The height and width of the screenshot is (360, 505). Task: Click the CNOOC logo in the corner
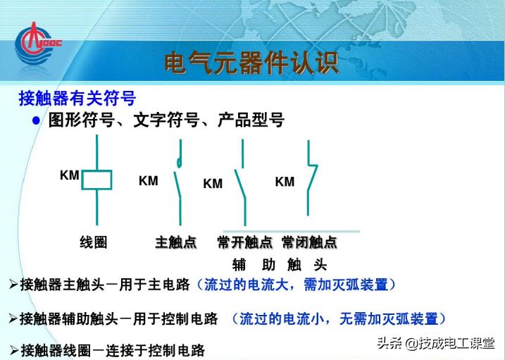point(39,43)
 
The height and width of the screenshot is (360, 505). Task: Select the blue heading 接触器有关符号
point(77,98)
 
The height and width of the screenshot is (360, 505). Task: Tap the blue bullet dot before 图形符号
point(37,120)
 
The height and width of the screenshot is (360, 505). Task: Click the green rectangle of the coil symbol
point(96,180)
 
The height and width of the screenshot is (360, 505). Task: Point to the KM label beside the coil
point(69,175)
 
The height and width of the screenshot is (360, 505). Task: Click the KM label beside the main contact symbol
point(148,181)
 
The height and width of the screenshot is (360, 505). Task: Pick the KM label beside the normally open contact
point(212,184)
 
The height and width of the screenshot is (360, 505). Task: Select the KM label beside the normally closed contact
point(285,182)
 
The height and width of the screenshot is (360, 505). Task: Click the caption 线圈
point(93,243)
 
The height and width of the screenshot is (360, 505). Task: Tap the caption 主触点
point(175,243)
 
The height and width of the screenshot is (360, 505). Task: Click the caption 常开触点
point(244,243)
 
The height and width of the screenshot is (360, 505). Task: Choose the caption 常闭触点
point(309,243)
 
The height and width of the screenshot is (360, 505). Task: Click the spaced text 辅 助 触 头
point(280,266)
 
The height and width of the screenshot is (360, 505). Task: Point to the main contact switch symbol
point(180,180)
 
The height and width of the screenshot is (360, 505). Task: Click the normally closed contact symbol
point(311,178)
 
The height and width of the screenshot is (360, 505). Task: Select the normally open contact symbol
point(242,180)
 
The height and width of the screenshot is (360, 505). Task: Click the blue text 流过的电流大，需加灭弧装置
point(296,285)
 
